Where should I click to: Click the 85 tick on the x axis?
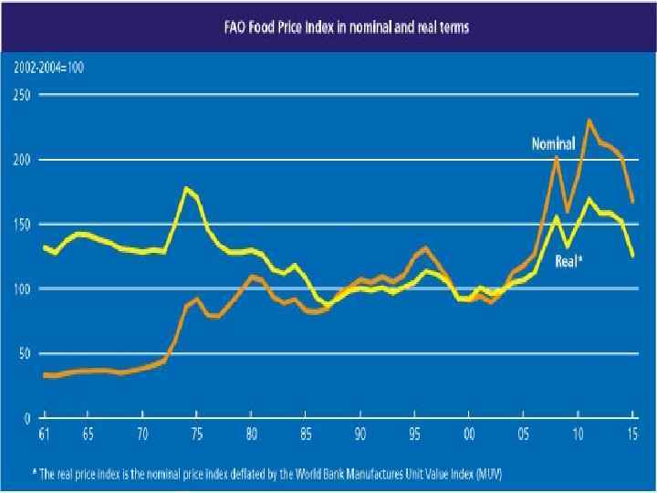tap(306, 435)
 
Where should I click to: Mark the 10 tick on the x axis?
tap(579, 435)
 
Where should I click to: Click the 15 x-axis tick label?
tap(632, 435)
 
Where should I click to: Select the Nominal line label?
tap(553, 143)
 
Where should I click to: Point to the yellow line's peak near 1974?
tap(186, 188)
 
